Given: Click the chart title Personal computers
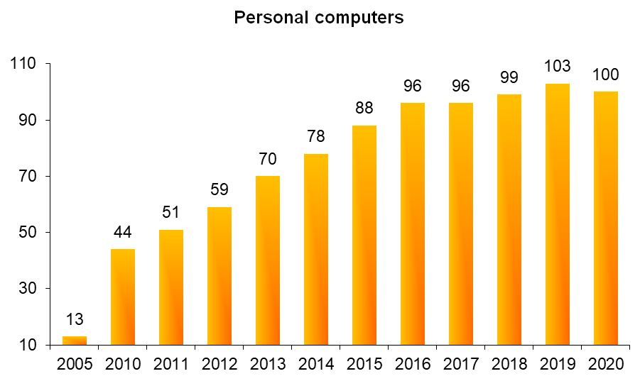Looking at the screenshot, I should [x=319, y=18].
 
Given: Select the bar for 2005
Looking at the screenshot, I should [x=75, y=341].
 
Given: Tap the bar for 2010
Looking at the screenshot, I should [x=123, y=297].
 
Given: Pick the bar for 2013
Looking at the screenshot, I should [x=268, y=260].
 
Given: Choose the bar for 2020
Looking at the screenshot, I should [x=606, y=219].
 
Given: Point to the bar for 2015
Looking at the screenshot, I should [x=364, y=236].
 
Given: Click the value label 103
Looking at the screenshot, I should [x=558, y=66].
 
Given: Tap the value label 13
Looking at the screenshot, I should [x=75, y=319].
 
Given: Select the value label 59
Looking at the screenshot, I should [x=219, y=190].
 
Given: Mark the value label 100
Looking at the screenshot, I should [x=606, y=74].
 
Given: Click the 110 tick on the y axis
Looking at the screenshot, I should [x=25, y=64].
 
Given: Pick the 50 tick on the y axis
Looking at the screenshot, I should [x=29, y=232].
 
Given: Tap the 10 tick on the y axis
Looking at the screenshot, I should [x=29, y=346].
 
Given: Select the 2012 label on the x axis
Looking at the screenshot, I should [x=219, y=365].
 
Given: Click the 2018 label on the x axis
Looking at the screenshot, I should [x=509, y=365].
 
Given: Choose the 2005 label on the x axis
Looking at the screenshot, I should [x=75, y=365].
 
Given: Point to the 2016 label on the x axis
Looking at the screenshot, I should [x=413, y=365].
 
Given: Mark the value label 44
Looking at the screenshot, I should [x=123, y=232].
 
